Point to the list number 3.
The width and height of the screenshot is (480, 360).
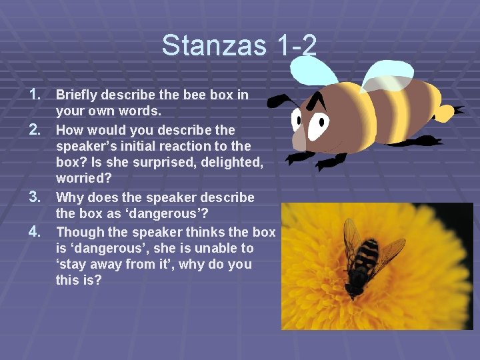[37, 197]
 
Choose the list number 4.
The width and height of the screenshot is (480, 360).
[37, 231]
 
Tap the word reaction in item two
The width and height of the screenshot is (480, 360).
[181, 147]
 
